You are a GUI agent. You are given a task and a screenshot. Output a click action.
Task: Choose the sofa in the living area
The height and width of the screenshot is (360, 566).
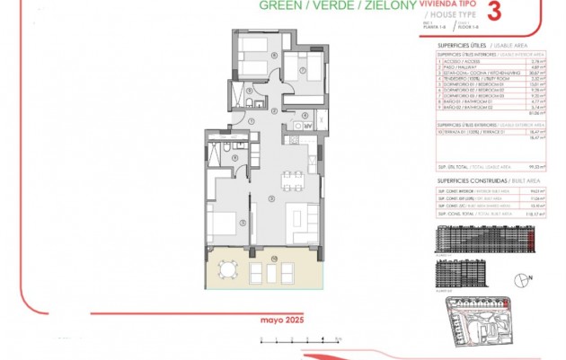point(302,219)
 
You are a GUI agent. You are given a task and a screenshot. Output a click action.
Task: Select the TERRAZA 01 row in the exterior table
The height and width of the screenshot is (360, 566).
point(467,131)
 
